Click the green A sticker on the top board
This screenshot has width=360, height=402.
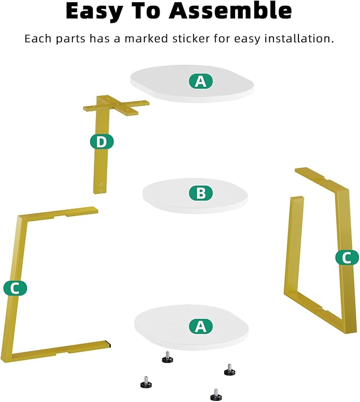click(x=200, y=81)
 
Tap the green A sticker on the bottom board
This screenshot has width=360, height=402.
click(x=200, y=326)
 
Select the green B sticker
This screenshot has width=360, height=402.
click(x=200, y=193)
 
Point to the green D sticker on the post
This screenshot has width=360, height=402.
click(x=102, y=141)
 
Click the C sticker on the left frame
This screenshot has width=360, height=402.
click(x=15, y=288)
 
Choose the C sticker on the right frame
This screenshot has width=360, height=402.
click(x=347, y=257)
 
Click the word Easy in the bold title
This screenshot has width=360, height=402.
click(x=94, y=11)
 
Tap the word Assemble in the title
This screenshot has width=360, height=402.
click(x=230, y=11)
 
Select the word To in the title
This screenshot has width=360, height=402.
click(x=146, y=11)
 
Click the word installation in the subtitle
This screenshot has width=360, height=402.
click(x=300, y=39)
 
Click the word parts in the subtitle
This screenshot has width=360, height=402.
click(x=71, y=40)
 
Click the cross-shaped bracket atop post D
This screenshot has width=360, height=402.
click(x=116, y=105)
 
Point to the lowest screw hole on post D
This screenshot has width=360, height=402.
click(x=101, y=191)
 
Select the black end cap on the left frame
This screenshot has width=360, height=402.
click(x=109, y=344)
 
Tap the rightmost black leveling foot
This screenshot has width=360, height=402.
click(x=230, y=370)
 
